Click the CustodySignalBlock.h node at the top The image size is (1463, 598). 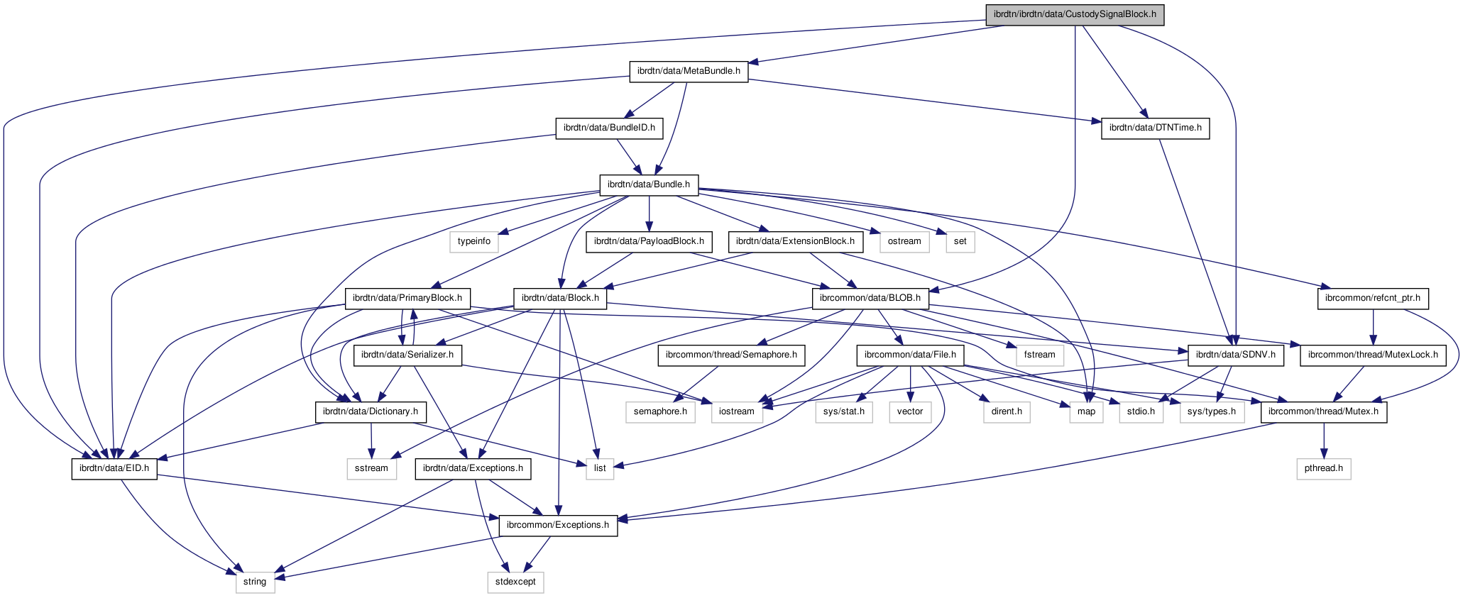coord(1075,14)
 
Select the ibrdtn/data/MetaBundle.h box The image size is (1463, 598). coord(689,71)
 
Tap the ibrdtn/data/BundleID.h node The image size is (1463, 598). coord(609,128)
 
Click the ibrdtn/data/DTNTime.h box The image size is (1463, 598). coord(1155,128)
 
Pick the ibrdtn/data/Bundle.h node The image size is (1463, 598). coord(649,184)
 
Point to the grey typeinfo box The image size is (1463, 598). coord(473,241)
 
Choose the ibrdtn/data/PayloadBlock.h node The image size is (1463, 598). coord(649,241)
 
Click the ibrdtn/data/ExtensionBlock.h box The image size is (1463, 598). coord(795,241)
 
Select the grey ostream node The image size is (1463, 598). coord(904,241)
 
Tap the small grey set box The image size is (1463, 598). coord(960,241)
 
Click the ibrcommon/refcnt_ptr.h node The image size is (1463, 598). coord(1373,299)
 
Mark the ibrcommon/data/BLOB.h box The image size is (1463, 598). coord(870,299)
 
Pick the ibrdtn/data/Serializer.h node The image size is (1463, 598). coord(408,355)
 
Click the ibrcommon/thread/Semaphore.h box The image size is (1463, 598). coord(731,355)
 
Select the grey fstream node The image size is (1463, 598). coord(1040,355)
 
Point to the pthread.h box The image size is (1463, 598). coord(1323,468)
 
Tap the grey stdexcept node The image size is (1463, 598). coord(515,582)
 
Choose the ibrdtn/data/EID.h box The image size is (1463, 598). coord(114,468)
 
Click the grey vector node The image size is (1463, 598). coord(909,411)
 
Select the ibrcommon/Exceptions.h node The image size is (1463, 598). coord(558,525)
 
